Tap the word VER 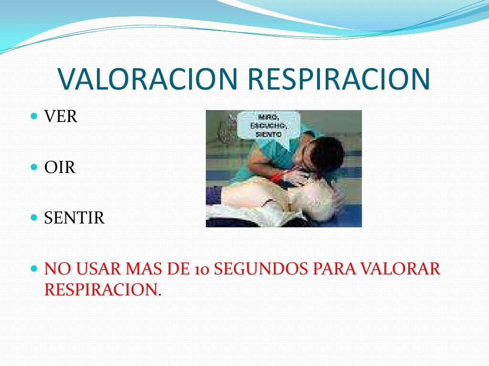(61, 116)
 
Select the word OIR (60, 167)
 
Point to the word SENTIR (74, 217)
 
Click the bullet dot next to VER (34, 116)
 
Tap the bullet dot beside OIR (34, 167)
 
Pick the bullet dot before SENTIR (34, 217)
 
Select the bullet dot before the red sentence (34, 268)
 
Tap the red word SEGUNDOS (261, 269)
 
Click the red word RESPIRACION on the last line (101, 289)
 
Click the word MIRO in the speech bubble (268, 117)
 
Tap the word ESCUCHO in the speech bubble (268, 126)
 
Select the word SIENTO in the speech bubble (268, 134)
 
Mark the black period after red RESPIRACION (159, 295)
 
